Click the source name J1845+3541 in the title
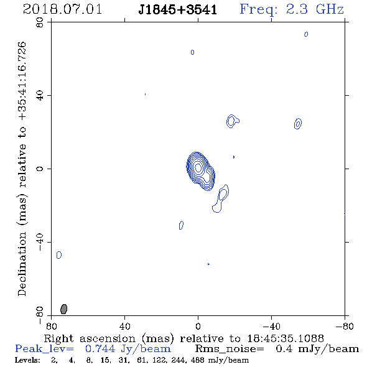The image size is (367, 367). pyautogui.click(x=177, y=10)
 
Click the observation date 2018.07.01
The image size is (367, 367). pyautogui.click(x=62, y=9)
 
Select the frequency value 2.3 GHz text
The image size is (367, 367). pyautogui.click(x=315, y=9)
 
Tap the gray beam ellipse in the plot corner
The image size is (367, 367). pyautogui.click(x=63, y=309)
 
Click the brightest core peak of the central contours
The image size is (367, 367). pyautogui.click(x=198, y=167)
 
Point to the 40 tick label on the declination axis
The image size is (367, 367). pyautogui.click(x=40, y=96)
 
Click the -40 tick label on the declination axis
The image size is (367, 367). pyautogui.click(x=40, y=242)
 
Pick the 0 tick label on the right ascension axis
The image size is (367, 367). pyautogui.click(x=198, y=326)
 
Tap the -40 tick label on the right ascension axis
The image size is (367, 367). pyautogui.click(x=271, y=326)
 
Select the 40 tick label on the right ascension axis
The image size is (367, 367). pyautogui.click(x=124, y=326)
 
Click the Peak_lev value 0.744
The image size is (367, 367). pyautogui.click(x=100, y=349)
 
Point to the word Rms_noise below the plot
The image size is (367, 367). pyautogui.click(x=230, y=349)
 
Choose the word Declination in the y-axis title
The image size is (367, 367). pyautogui.click(x=22, y=264)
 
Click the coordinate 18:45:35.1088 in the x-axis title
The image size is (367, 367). pyautogui.click(x=286, y=338)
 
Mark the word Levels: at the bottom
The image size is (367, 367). pyautogui.click(x=27, y=360)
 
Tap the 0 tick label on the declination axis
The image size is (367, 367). pyautogui.click(x=40, y=169)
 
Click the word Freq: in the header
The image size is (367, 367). pyautogui.click(x=258, y=10)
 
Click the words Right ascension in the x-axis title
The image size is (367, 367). pyautogui.click(x=90, y=338)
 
